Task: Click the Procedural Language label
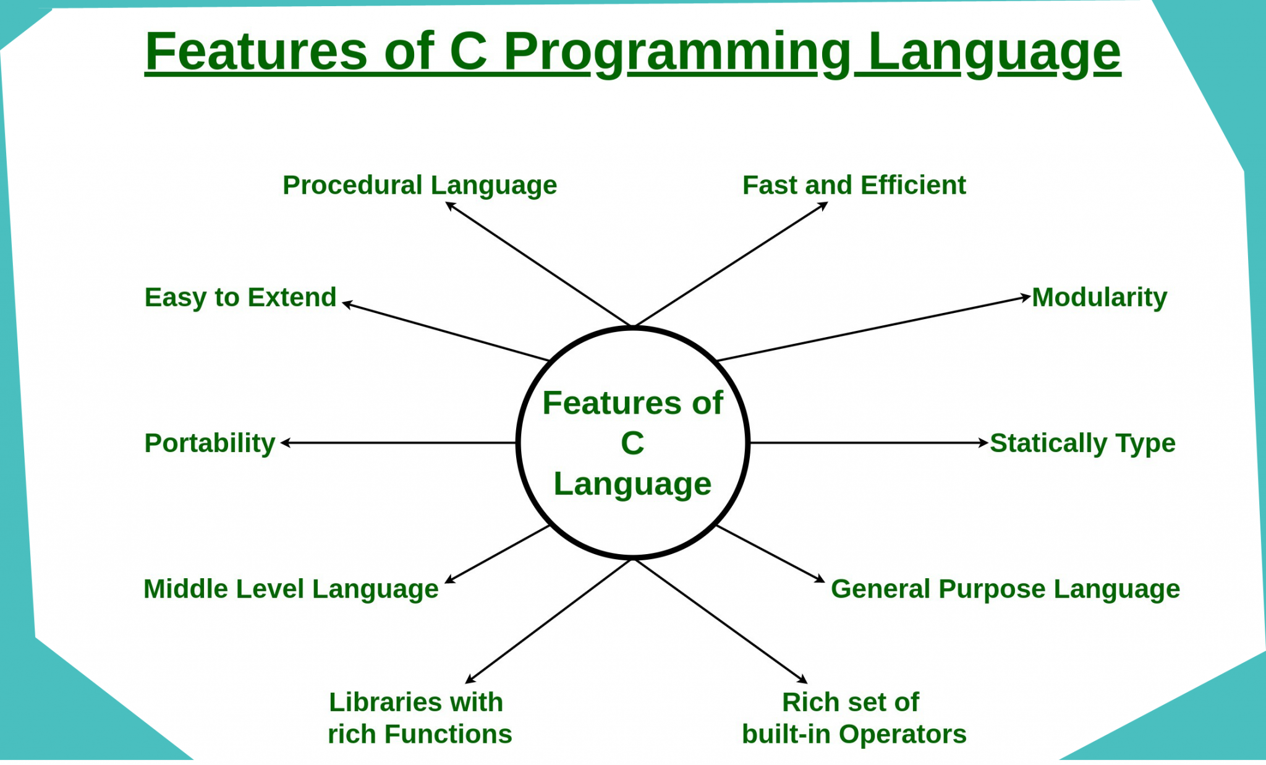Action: pyautogui.click(x=420, y=186)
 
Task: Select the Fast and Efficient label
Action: pyautogui.click(x=854, y=185)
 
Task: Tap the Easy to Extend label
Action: pyautogui.click(x=240, y=297)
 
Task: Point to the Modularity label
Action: pyautogui.click(x=1099, y=297)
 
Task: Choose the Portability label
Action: pyautogui.click(x=210, y=443)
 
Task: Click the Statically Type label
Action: pyautogui.click(x=1082, y=443)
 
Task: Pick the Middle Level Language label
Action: pyautogui.click(x=291, y=589)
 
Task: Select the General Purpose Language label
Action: pyautogui.click(x=1005, y=589)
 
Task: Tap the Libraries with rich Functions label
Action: pyautogui.click(x=420, y=718)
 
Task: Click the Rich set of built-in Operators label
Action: pyautogui.click(x=854, y=718)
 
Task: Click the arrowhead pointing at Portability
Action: pyautogui.click(x=286, y=443)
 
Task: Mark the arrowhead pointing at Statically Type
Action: pyautogui.click(x=983, y=443)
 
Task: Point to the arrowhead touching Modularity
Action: pyautogui.click(x=1026, y=298)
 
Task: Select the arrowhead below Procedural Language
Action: pyautogui.click(x=451, y=206)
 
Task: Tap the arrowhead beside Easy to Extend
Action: pyautogui.click(x=347, y=304)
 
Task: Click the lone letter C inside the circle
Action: pyautogui.click(x=632, y=443)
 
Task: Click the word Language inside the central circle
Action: pyautogui.click(x=632, y=484)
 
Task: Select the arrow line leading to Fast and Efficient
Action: pyautogui.click(x=731, y=264)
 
